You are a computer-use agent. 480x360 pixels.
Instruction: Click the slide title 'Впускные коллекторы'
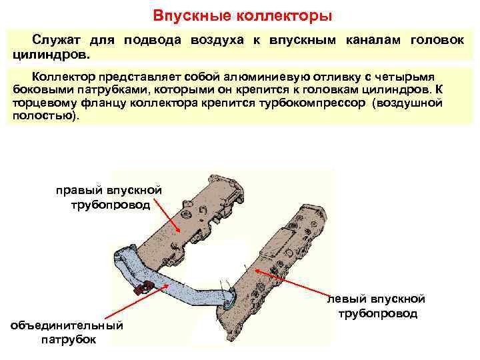(242, 14)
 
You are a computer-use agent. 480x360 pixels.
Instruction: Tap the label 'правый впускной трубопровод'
(107, 198)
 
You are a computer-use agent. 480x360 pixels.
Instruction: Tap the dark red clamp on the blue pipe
(143, 287)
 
